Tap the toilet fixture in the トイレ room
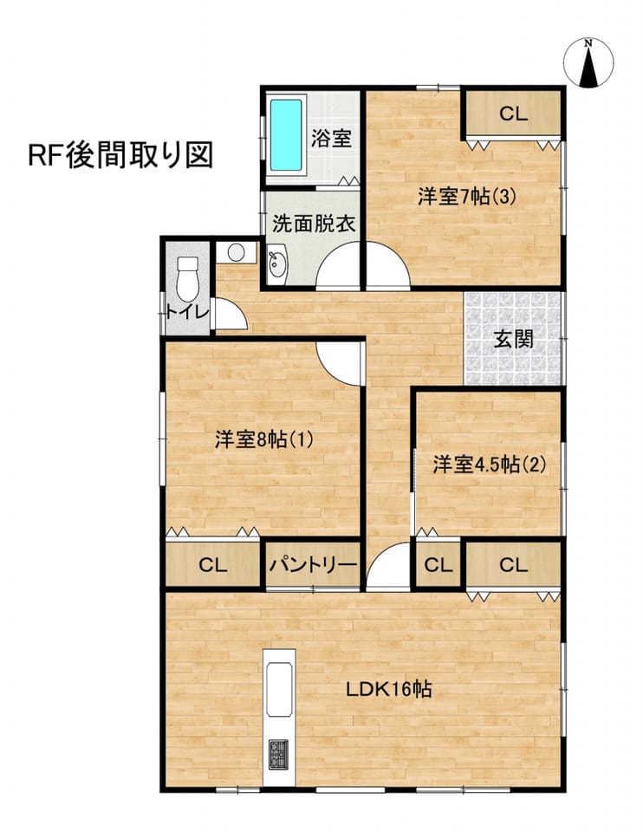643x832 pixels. pyautogui.click(x=186, y=277)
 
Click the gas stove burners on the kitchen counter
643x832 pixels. pyautogui.click(x=278, y=754)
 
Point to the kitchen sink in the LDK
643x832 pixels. pyautogui.click(x=279, y=689)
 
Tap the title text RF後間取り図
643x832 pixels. pyautogui.click(x=120, y=155)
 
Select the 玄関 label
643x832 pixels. pyautogui.click(x=513, y=339)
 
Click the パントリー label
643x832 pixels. pyautogui.click(x=313, y=565)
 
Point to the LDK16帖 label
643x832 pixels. pyautogui.click(x=388, y=689)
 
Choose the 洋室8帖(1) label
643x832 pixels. pyautogui.click(x=263, y=439)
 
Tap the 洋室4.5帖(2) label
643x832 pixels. pyautogui.click(x=489, y=465)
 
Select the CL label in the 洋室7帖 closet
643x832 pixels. pyautogui.click(x=513, y=114)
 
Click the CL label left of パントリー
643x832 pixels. pyautogui.click(x=212, y=565)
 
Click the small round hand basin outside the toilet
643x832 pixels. pyautogui.click(x=236, y=252)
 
